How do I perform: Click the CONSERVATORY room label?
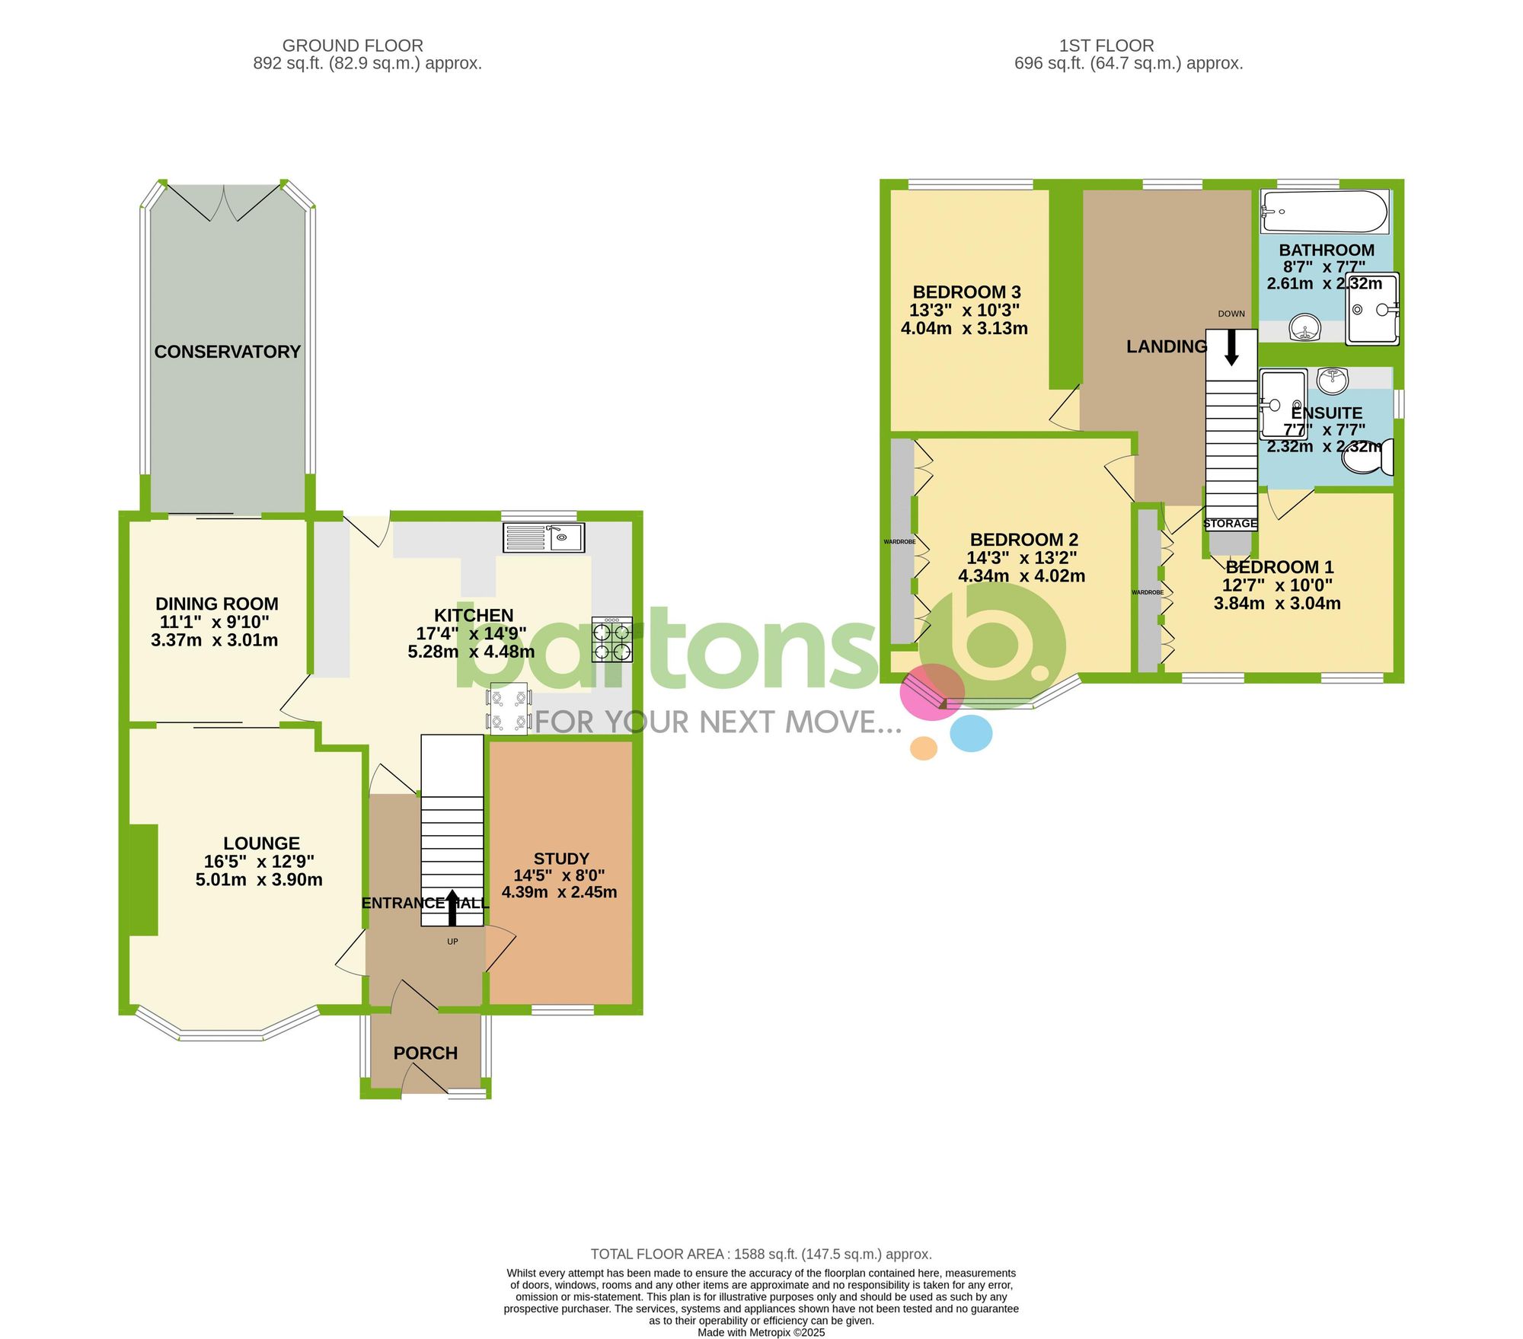227,352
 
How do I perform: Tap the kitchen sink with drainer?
543,537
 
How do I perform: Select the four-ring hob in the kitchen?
612,639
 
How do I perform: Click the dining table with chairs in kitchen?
509,709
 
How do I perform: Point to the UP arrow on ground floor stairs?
452,908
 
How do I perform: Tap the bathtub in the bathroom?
1324,212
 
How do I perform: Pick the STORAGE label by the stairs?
1230,524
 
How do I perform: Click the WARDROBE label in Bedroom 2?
899,542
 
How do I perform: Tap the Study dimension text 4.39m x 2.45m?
559,892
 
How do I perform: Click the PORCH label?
425,1053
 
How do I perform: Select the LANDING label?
1167,347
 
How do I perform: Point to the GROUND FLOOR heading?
353,46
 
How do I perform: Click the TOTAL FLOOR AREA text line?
761,1254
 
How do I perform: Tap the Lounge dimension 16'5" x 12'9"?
259,862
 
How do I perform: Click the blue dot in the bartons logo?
971,733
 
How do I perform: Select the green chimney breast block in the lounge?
143,879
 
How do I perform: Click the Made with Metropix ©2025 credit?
761,1332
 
